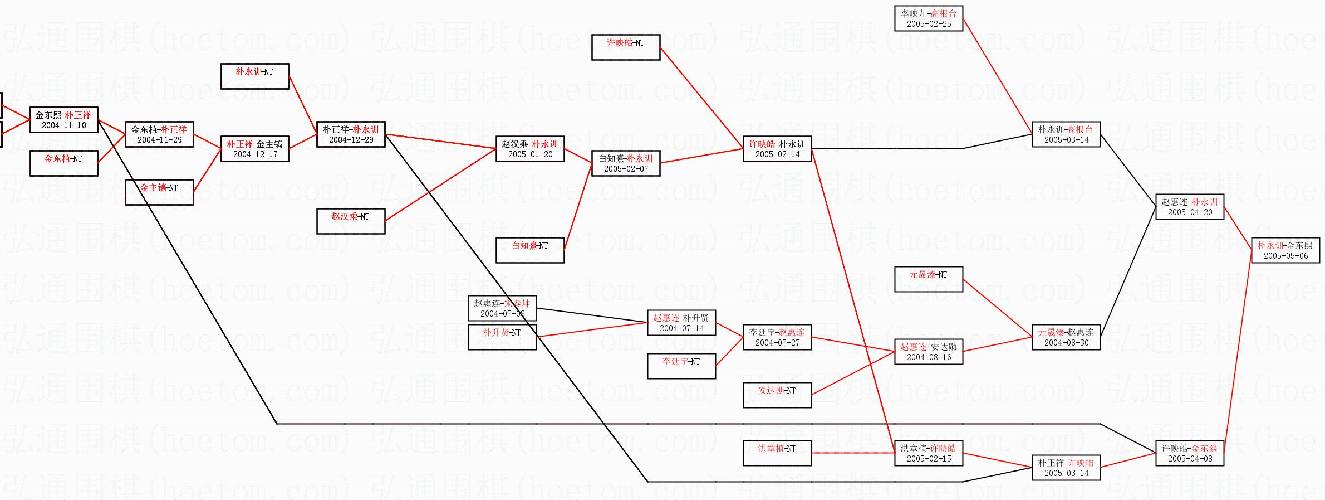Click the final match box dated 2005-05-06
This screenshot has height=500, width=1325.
tap(1285, 250)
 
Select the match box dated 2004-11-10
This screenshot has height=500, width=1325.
tap(63, 120)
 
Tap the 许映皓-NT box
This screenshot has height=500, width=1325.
tap(626, 47)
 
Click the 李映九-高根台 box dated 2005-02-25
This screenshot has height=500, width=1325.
tap(929, 18)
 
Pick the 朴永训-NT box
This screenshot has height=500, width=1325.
tap(255, 76)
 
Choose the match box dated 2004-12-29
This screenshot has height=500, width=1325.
tap(351, 134)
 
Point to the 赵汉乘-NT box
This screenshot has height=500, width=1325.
tap(351, 221)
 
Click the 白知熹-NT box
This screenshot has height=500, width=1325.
tap(530, 250)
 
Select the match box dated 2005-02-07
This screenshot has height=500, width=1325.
tap(626, 163)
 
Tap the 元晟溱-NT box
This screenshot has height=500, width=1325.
tap(929, 279)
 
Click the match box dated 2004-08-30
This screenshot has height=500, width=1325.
tap(1066, 337)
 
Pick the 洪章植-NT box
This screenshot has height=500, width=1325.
tap(777, 453)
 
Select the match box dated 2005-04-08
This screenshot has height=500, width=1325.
tap(1190, 453)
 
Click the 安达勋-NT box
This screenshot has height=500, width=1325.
tap(777, 395)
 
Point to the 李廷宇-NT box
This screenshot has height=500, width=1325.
tap(681, 366)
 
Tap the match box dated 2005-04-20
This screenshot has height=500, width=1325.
tap(1190, 207)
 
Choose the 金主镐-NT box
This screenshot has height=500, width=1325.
tap(159, 192)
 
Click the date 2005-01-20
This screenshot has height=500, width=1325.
tap(530, 154)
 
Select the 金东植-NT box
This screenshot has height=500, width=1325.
tap(63, 163)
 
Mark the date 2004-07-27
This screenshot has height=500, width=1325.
tap(777, 343)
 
